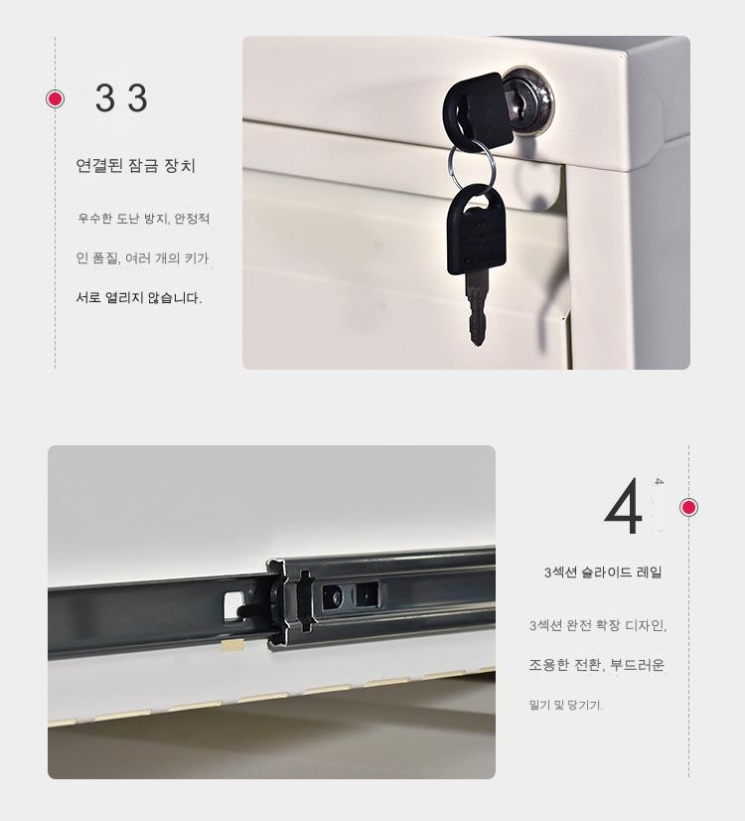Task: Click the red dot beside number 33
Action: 55,98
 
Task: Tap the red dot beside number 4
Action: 688,507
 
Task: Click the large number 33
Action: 121,98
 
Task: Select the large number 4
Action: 624,506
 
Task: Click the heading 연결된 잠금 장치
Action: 135,165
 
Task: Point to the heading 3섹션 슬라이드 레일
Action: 603,573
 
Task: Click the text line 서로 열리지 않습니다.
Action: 139,298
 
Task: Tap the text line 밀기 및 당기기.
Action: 565,705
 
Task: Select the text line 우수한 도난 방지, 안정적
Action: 143,218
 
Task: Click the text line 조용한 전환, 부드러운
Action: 596,665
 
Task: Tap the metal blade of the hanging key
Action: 477,308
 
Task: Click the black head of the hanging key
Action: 476,230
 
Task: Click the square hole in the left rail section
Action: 232,605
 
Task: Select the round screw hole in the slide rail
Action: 333,596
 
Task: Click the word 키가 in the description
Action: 197,258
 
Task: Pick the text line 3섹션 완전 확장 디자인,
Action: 597,625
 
